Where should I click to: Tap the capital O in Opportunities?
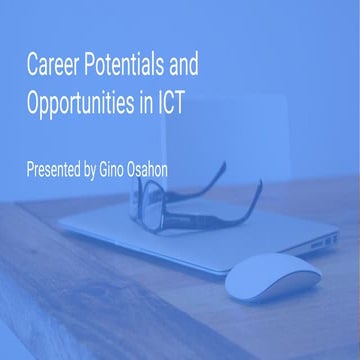coord(36,103)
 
